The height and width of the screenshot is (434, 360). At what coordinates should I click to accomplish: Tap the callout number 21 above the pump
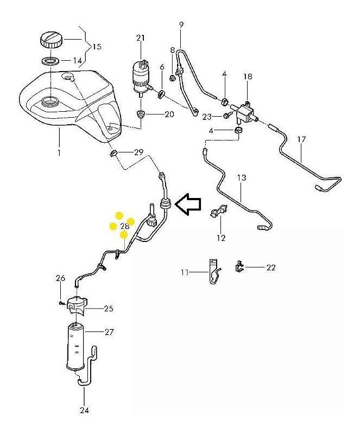tap(141, 37)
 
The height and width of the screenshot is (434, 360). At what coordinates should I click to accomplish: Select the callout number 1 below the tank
tap(59, 153)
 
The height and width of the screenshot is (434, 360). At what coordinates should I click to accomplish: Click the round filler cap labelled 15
tap(51, 40)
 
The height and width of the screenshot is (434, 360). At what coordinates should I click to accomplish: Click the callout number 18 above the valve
tap(248, 77)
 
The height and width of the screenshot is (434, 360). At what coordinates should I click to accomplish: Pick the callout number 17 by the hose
tap(302, 139)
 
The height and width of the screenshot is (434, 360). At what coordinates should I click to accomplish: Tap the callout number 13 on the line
tap(242, 177)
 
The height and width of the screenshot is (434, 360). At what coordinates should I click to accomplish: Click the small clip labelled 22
tap(239, 266)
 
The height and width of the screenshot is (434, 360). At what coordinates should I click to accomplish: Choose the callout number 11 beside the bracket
tap(185, 272)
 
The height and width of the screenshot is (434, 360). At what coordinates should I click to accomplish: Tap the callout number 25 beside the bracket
tap(108, 309)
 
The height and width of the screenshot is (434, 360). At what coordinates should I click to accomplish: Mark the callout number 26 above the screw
tap(61, 278)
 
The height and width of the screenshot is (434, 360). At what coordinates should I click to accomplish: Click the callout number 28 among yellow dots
tap(124, 226)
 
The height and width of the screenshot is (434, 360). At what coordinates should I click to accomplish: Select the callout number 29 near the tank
tap(138, 152)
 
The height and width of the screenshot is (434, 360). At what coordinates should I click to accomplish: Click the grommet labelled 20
tap(140, 114)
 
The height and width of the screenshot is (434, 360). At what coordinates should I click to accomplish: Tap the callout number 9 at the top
tap(181, 24)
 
